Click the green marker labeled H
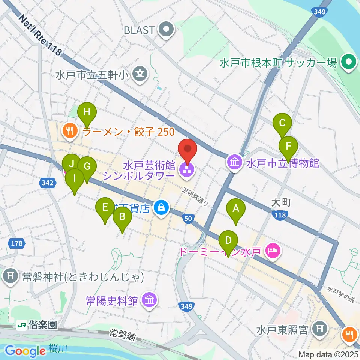pos(87,112)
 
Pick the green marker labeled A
pos(236,208)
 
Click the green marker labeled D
pos(228,240)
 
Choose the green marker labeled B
pos(122,216)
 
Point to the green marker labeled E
pos(105,207)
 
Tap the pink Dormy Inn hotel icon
pos(273,251)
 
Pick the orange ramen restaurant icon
pos(70,131)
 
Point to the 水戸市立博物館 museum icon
pos(235,163)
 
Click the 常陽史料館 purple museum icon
pos(149,300)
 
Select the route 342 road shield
pos(48,183)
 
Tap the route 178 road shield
pos(16,243)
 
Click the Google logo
pos(25,351)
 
